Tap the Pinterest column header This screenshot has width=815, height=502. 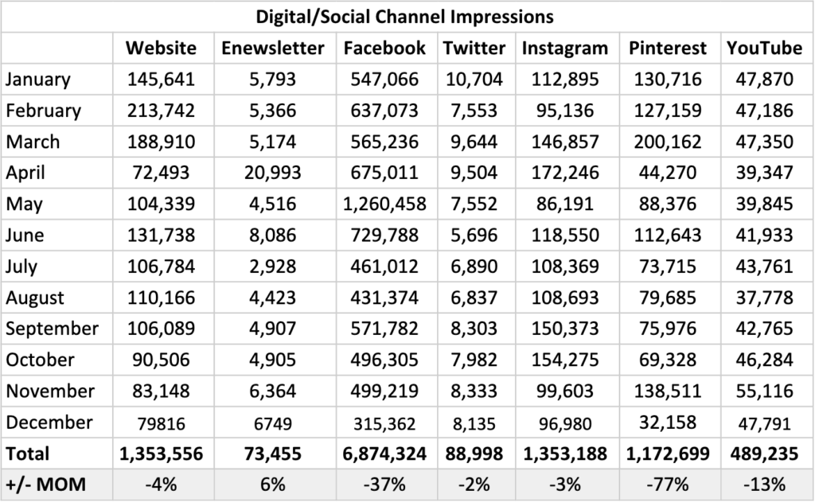pyautogui.click(x=667, y=48)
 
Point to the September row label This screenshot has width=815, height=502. pyautogui.click(x=53, y=329)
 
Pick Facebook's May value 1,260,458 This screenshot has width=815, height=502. pyautogui.click(x=384, y=204)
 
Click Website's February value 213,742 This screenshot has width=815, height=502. pyautogui.click(x=161, y=111)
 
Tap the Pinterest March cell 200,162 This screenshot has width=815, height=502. pyautogui.click(x=667, y=142)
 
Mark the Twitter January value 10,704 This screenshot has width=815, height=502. pyautogui.click(x=474, y=80)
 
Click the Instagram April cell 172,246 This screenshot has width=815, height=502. pyautogui.click(x=564, y=173)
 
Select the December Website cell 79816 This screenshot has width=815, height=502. pyautogui.click(x=161, y=422)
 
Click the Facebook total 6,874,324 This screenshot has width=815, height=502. pyautogui.click(x=384, y=453)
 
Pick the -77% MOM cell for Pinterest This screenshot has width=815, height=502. pyautogui.click(x=667, y=484)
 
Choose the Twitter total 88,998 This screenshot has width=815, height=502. pyautogui.click(x=474, y=453)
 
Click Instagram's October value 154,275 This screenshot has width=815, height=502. pyautogui.click(x=564, y=360)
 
